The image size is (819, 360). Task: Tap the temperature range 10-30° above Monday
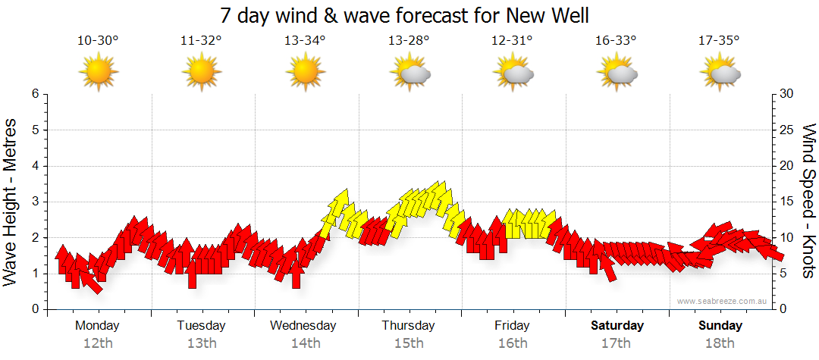tap(98, 41)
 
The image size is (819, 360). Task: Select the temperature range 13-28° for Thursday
tap(409, 41)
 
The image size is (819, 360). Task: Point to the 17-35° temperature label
tap(720, 41)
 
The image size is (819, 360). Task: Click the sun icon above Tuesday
tap(201, 74)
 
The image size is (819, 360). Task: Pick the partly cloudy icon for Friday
tap(513, 74)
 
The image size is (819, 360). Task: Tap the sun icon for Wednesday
tap(305, 74)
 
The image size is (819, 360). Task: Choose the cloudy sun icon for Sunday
tap(720, 74)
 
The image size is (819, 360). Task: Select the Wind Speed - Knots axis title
tap(808, 201)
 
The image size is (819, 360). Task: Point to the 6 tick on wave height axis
tap(34, 94)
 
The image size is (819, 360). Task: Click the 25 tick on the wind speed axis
tap(788, 130)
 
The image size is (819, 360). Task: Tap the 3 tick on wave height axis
tap(34, 202)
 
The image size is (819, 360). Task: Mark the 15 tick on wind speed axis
tap(788, 202)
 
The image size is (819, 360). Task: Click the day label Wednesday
tap(303, 326)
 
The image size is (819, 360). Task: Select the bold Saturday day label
tap(617, 326)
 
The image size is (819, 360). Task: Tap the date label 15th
tap(409, 343)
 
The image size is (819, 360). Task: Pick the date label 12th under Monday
tap(98, 343)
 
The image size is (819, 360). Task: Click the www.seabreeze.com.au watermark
tap(723, 301)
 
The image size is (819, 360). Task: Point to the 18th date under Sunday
tap(720, 343)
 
